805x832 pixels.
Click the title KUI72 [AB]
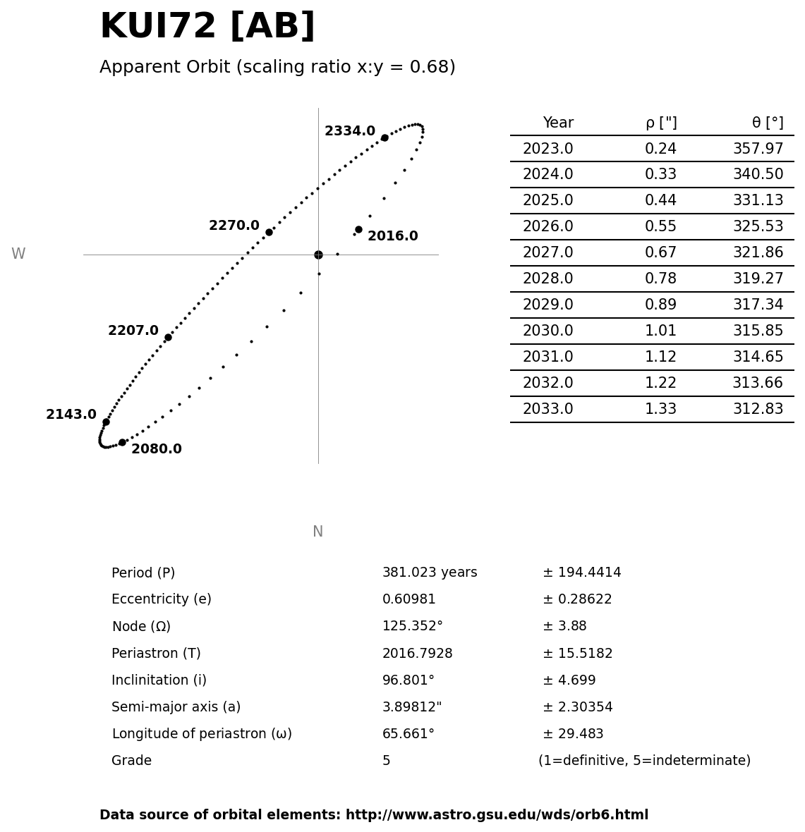click(207, 27)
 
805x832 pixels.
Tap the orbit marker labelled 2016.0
click(358, 229)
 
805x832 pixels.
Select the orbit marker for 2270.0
click(269, 232)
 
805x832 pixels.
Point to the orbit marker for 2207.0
click(168, 337)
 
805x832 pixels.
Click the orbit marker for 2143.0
click(106, 422)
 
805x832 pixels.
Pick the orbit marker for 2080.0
click(122, 442)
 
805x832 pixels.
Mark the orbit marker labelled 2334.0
click(385, 137)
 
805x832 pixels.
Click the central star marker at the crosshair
click(318, 255)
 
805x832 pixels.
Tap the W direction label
click(18, 254)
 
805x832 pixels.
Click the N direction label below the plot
click(317, 532)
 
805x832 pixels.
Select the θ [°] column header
click(767, 123)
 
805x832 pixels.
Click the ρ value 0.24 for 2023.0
click(660, 149)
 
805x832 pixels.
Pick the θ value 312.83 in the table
click(758, 409)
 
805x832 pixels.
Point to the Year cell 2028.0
click(547, 279)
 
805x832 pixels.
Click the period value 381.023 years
click(430, 573)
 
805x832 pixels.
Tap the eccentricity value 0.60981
click(409, 599)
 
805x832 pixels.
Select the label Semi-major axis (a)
click(176, 706)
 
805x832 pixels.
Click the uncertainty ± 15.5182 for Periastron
click(577, 654)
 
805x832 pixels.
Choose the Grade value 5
click(386, 761)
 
